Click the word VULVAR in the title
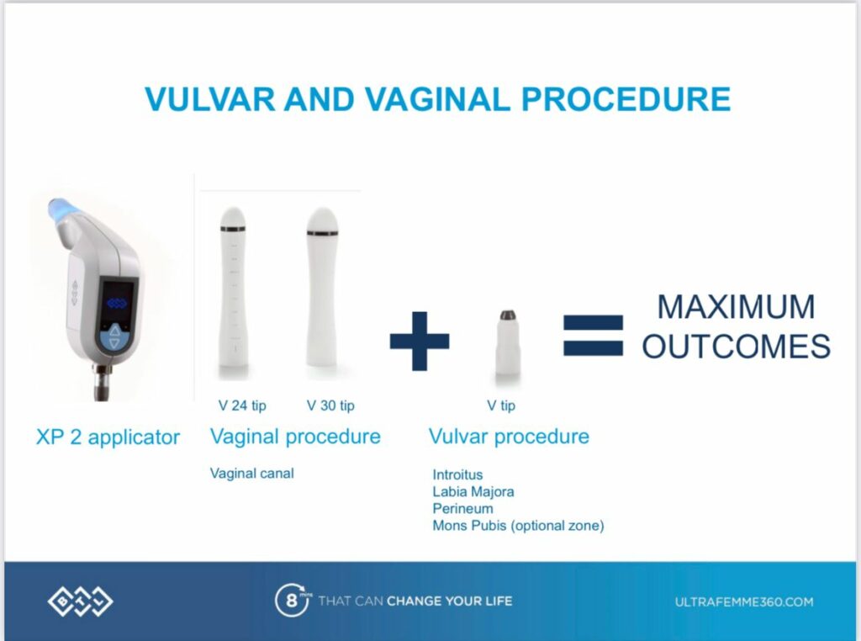click(x=210, y=99)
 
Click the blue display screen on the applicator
click(x=117, y=304)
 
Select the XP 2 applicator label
click(x=108, y=437)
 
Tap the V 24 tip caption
click(x=242, y=406)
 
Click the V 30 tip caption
click(x=330, y=406)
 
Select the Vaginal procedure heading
click(x=295, y=437)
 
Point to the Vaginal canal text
click(x=252, y=474)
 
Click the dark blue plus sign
click(x=420, y=341)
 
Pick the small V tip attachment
click(x=507, y=345)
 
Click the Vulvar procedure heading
click(x=509, y=437)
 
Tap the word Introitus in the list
click(x=458, y=474)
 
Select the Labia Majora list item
click(x=473, y=491)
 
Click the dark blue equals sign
click(x=594, y=335)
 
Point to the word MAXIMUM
click(x=737, y=306)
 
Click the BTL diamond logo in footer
click(x=80, y=601)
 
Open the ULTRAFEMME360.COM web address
click(x=744, y=602)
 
